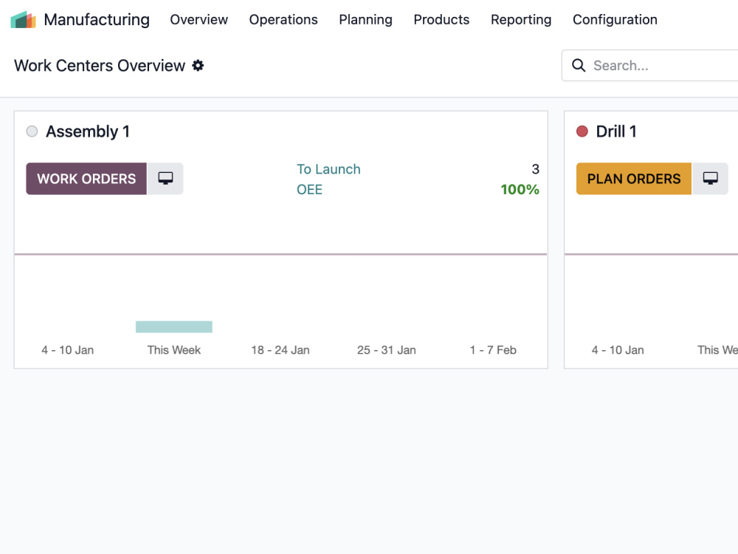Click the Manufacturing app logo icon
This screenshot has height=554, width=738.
tap(23, 20)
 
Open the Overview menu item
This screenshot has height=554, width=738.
tap(199, 20)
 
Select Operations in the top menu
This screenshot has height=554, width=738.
tap(283, 20)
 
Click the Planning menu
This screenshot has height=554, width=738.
tap(366, 20)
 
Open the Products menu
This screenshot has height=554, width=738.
tap(441, 20)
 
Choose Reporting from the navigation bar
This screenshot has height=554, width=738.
tap(521, 20)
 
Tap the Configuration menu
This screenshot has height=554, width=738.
tap(615, 20)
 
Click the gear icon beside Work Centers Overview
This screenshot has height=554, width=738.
tap(198, 66)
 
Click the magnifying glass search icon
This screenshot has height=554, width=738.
tap(579, 66)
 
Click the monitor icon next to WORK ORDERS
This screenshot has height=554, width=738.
tap(165, 179)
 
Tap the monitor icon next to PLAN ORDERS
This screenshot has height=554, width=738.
tap(710, 179)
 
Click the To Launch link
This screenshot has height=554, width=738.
tap(328, 169)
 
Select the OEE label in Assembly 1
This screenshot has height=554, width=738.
tap(309, 189)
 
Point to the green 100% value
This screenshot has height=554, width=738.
tap(520, 189)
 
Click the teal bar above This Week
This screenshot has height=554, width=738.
tap(174, 327)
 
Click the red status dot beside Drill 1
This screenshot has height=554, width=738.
tap(582, 131)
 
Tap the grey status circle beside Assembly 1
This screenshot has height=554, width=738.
tap(32, 131)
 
